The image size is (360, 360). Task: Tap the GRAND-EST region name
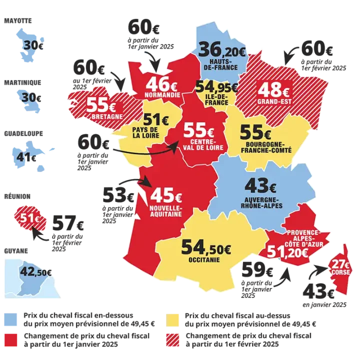coord(273,103)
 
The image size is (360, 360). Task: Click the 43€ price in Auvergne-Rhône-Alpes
coord(260,186)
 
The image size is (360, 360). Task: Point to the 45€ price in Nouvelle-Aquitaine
coord(166,193)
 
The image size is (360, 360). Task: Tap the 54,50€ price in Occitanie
coord(205,247)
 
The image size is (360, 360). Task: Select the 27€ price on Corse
coord(342,263)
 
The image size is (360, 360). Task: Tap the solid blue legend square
coord(11,319)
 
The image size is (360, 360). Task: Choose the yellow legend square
coord(174,319)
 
